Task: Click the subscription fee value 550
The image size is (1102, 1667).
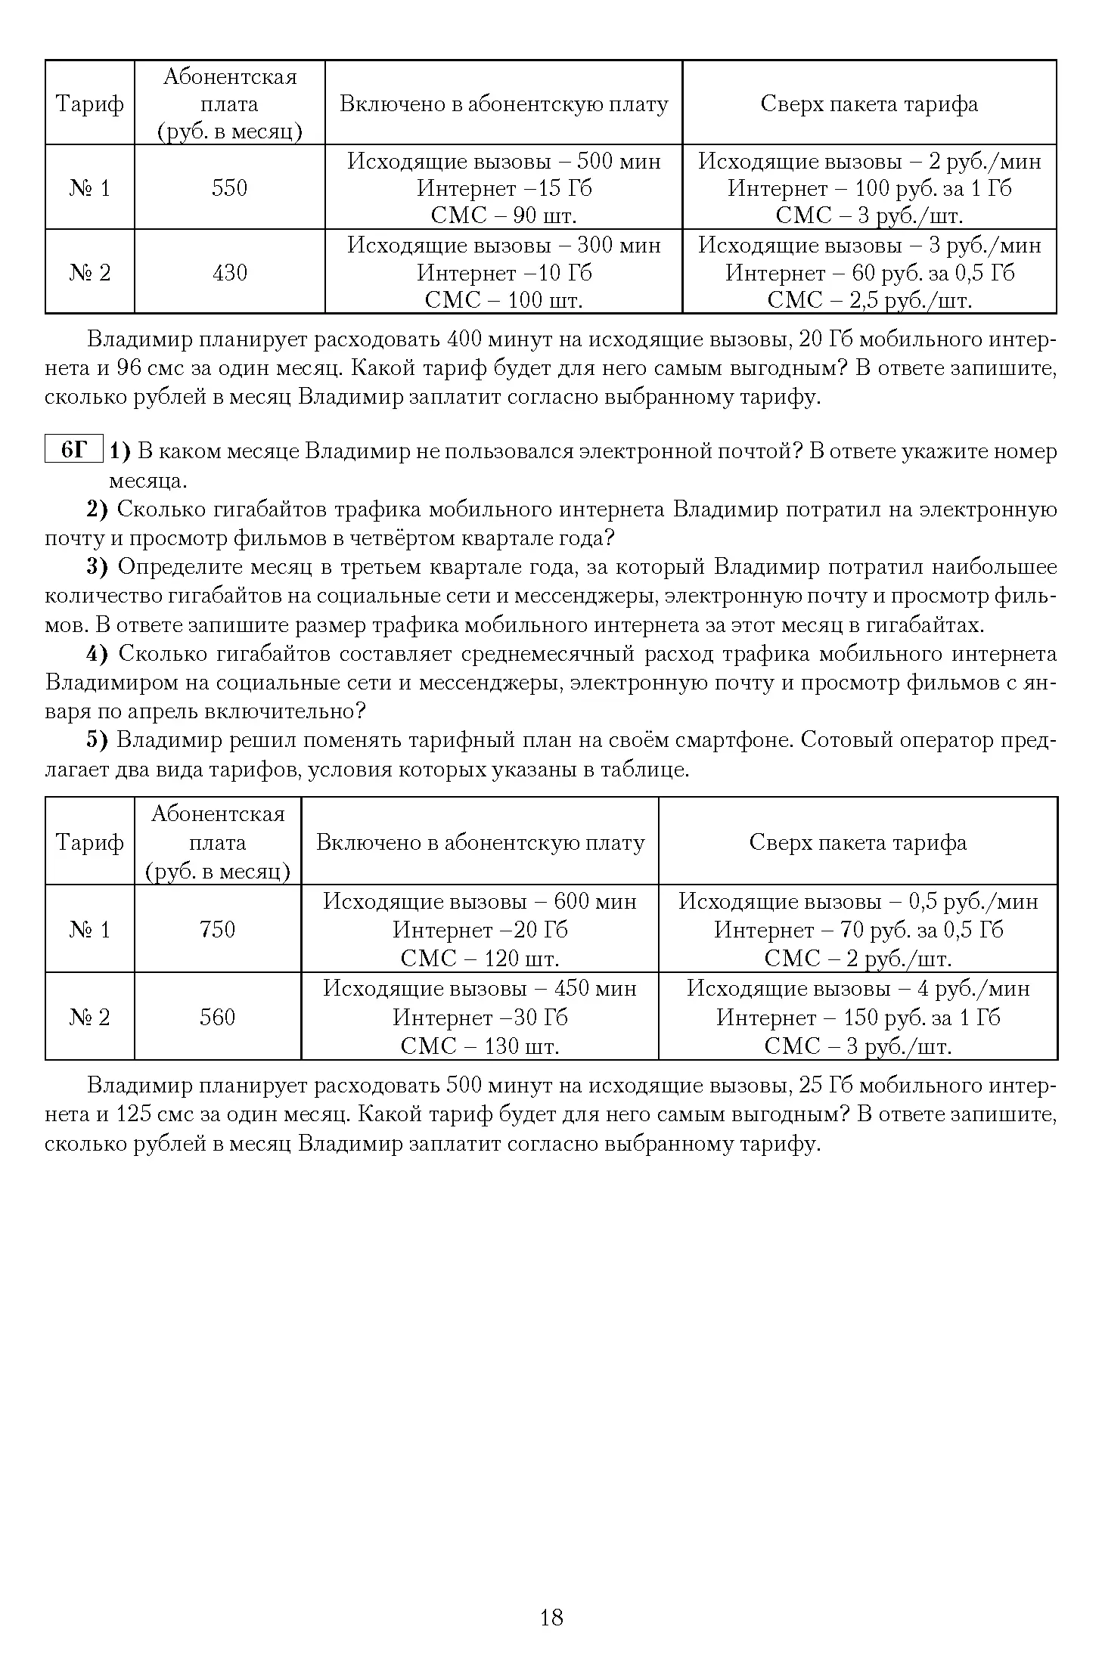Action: tap(229, 187)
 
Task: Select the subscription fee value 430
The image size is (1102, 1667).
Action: tap(229, 272)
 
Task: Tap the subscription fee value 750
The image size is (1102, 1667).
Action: tap(218, 929)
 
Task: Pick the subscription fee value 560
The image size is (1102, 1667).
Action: tap(218, 1017)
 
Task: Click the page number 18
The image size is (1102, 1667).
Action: tap(551, 1617)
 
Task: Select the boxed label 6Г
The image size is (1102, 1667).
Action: tap(74, 451)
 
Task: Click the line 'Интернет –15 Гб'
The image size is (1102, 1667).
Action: tap(504, 188)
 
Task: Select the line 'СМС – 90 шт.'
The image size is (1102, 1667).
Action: tap(504, 216)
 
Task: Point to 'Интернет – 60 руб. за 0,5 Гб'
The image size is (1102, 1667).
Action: tap(870, 272)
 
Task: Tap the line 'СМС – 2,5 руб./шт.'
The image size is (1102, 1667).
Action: tap(870, 301)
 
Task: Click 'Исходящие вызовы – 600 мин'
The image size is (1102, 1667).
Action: tap(480, 901)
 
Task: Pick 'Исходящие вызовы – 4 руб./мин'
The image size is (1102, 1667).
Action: tap(858, 989)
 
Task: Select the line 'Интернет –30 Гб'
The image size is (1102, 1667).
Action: tap(480, 1018)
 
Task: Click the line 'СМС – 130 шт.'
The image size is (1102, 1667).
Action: tap(480, 1046)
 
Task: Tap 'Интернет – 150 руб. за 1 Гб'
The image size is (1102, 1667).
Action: tap(858, 1018)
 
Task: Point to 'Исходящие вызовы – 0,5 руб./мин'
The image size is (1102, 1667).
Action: tap(858, 901)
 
